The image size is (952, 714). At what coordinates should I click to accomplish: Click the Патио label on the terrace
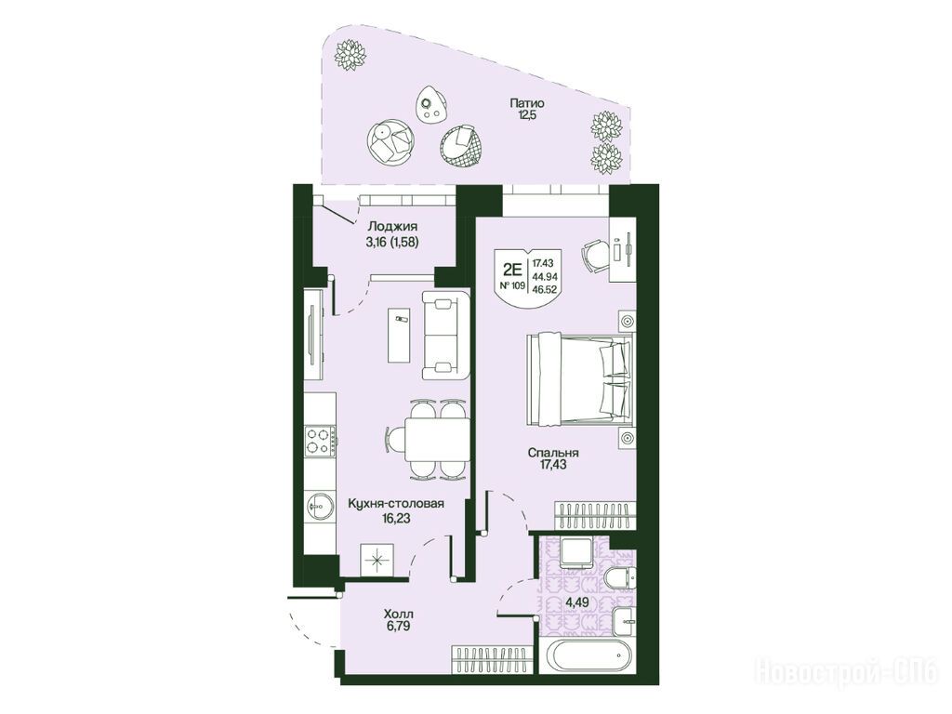pyautogui.click(x=526, y=103)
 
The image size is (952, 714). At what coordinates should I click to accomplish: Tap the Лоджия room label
pyautogui.click(x=393, y=227)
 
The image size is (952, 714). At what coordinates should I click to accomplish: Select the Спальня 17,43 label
pyautogui.click(x=552, y=458)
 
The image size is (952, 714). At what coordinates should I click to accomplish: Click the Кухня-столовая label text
pyautogui.click(x=396, y=503)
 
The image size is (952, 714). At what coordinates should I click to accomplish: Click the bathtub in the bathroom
pyautogui.click(x=591, y=655)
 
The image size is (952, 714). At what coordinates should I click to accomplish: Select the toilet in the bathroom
pyautogui.click(x=620, y=577)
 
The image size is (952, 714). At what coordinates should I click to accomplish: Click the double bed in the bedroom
pyautogui.click(x=580, y=380)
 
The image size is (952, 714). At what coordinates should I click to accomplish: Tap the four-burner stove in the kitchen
pyautogui.click(x=320, y=441)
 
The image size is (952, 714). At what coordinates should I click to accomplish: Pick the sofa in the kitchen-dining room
pyautogui.click(x=445, y=335)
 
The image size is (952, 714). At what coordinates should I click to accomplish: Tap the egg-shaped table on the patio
pyautogui.click(x=431, y=104)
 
